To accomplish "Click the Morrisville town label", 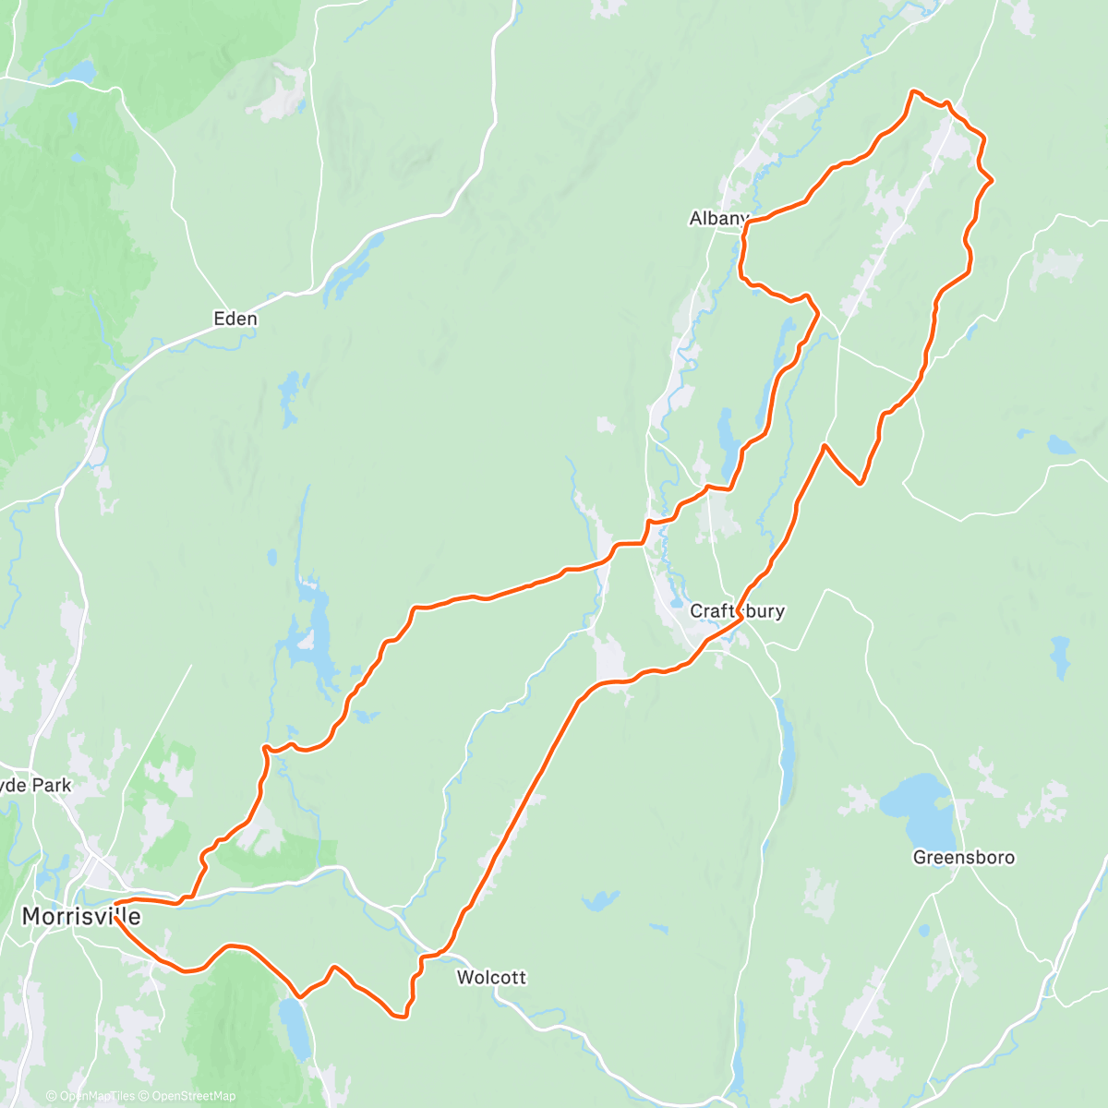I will coord(81,917).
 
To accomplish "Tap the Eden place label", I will coord(235,319).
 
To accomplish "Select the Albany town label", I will coord(718,219).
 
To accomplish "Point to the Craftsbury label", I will coord(738,611).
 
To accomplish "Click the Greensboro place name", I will coord(963,857).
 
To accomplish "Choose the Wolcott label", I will coord(491,977).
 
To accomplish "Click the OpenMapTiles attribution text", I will coord(96,1096).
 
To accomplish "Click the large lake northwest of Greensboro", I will coord(914,803).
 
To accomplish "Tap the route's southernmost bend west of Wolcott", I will coord(400,1018).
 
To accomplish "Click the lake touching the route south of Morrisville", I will coord(295,1025).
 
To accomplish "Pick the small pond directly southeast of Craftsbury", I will coord(1060,656).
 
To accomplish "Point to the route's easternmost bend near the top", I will coord(991,181).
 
